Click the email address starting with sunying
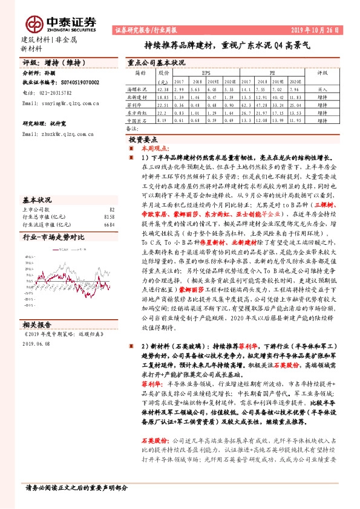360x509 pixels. tap(60, 104)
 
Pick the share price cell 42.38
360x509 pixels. tap(162, 89)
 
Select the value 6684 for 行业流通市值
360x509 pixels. tap(109, 224)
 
